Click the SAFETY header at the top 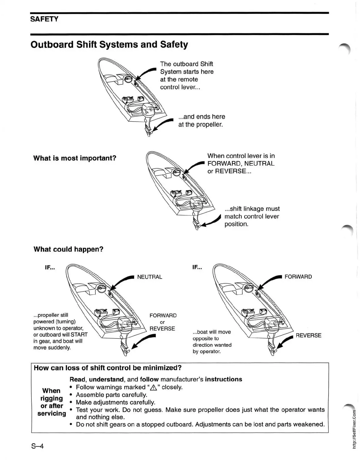click(44, 19)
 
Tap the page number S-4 click(37, 446)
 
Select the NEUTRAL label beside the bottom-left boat click(149, 277)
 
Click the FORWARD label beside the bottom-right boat click(298, 277)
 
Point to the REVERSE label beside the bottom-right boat click(308, 336)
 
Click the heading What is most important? click(75, 158)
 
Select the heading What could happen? click(68, 249)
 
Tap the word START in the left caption click(79, 335)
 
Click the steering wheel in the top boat click(128, 79)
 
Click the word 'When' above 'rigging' click(51, 391)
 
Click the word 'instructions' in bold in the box click(224, 379)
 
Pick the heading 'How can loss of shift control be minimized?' click(108, 368)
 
